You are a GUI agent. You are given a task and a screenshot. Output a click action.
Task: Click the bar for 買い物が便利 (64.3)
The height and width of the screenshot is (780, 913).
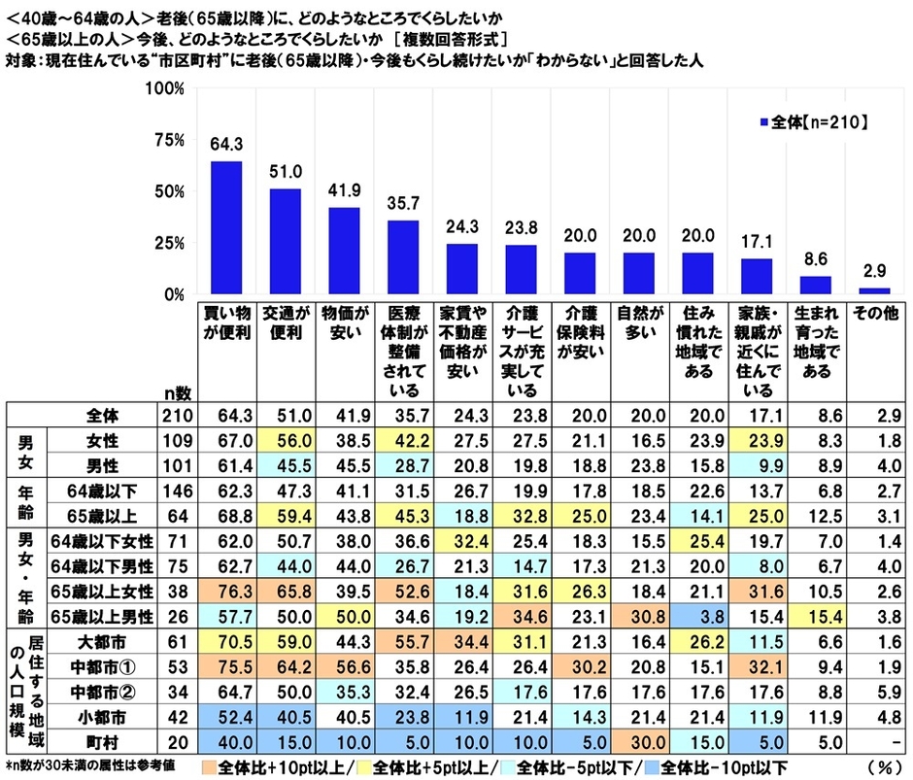pyautogui.click(x=226, y=227)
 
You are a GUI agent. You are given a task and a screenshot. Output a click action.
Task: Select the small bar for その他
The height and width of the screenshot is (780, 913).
pyautogui.click(x=875, y=290)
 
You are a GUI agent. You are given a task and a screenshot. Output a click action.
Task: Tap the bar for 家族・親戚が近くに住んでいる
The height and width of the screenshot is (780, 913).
pyautogui.click(x=757, y=277)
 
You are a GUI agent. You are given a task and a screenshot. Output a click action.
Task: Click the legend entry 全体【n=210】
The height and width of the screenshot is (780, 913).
pyautogui.click(x=814, y=123)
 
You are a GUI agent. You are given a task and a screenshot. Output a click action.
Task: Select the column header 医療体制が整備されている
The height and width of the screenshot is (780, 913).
pyautogui.click(x=405, y=352)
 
